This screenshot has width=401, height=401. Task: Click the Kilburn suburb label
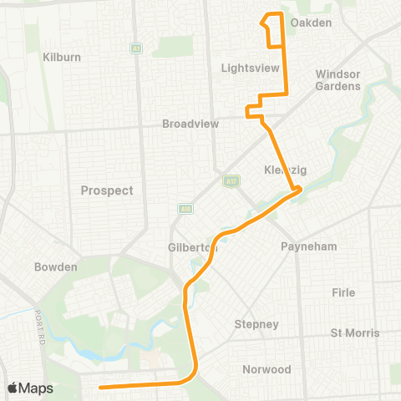point(60,57)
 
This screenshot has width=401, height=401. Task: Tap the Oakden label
point(312,23)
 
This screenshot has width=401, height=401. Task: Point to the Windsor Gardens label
point(338,79)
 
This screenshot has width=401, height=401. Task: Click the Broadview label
point(190,124)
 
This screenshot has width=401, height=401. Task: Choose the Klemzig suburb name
point(286,170)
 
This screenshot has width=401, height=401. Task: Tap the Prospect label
point(107,190)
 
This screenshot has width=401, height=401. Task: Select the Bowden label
point(56,267)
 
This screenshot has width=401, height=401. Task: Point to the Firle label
point(343,292)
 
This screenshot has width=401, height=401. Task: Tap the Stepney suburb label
point(251,323)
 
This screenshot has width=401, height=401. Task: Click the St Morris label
point(355,332)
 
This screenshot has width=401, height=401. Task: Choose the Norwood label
point(266,369)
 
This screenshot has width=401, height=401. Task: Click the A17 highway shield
point(231,180)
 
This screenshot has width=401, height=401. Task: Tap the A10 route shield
point(185,209)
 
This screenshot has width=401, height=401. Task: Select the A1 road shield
point(135,49)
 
